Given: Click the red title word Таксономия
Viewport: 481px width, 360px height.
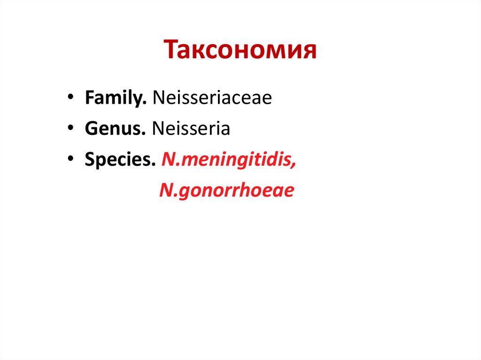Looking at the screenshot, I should [x=240, y=50].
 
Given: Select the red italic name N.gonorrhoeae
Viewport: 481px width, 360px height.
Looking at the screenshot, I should [x=226, y=190].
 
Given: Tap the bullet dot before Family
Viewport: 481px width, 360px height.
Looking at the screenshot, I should [x=70, y=99].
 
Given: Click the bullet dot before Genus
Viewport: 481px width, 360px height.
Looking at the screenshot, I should [x=70, y=129].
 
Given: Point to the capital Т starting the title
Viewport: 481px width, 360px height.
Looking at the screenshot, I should [x=171, y=50].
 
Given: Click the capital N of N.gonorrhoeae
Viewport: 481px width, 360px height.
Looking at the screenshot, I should [x=166, y=190].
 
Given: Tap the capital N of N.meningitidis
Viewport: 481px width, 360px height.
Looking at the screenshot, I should [x=168, y=160].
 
